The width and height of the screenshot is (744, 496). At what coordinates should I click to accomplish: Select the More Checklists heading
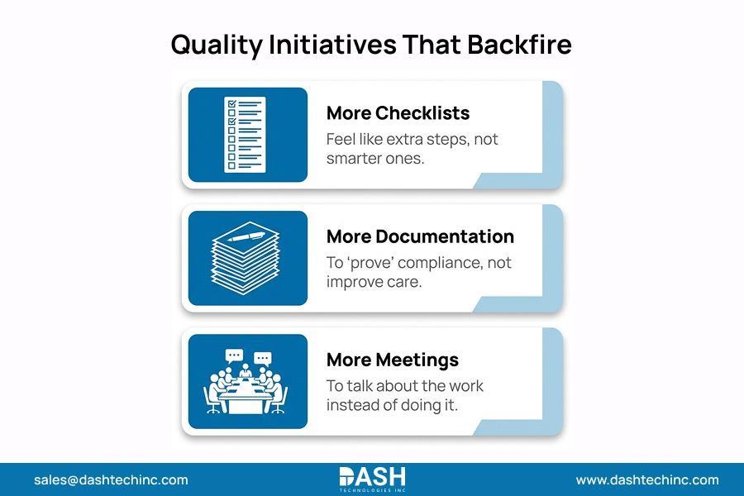(398, 113)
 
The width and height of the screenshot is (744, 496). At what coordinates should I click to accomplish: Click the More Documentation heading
(420, 236)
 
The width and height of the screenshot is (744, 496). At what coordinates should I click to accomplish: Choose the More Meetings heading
(392, 360)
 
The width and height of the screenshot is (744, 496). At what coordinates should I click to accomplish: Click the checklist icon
(246, 135)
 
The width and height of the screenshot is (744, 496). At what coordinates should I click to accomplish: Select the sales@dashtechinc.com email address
(111, 479)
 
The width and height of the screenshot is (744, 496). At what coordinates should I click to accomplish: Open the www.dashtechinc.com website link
(647, 479)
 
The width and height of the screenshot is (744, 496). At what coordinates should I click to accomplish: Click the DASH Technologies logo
(372, 479)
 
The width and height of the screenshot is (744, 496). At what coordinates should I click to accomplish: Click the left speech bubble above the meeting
(234, 356)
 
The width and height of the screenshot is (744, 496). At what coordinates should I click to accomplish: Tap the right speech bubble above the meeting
(262, 358)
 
